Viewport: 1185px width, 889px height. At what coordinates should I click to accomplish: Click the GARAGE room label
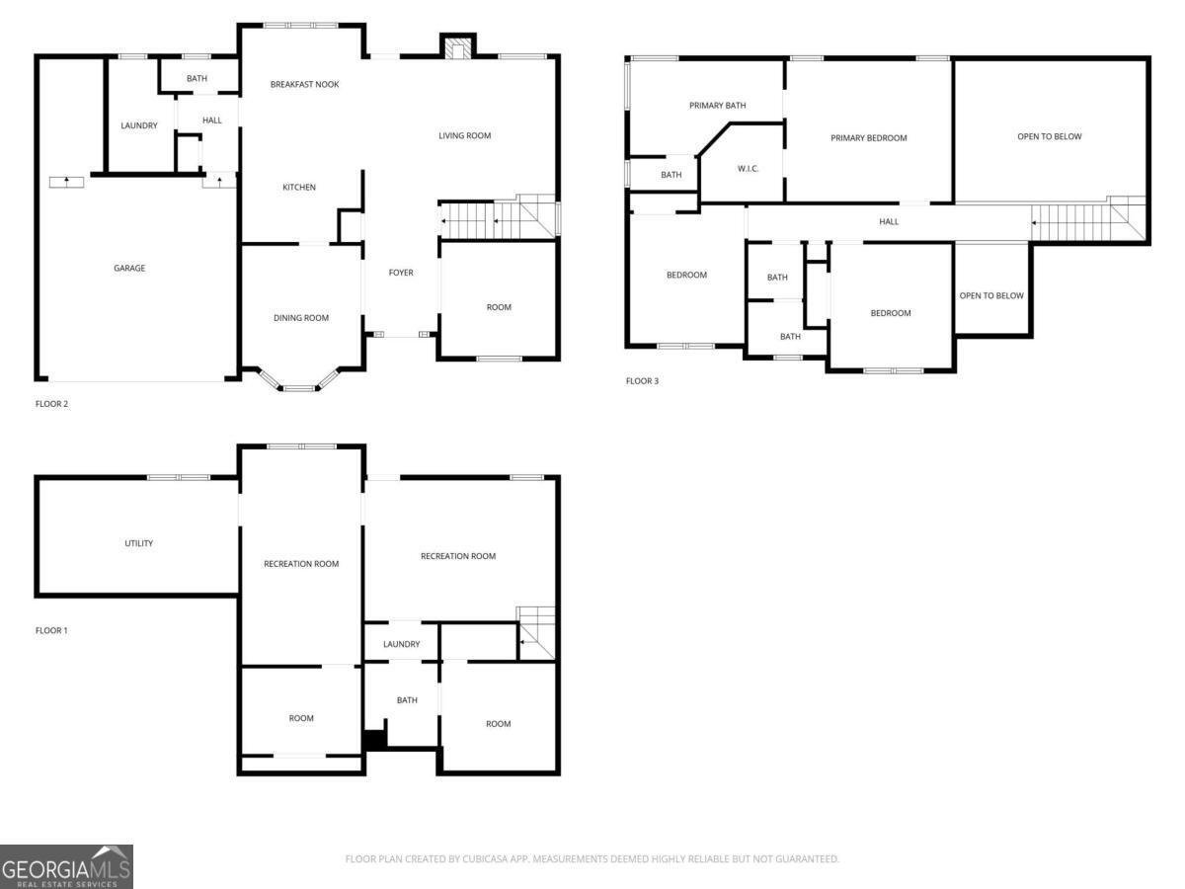pos(129,268)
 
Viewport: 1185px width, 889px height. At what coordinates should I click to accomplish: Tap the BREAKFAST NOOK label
pos(304,85)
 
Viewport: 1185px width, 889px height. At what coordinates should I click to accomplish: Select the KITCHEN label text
pos(299,188)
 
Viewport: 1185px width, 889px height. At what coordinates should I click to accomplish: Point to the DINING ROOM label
pos(301,318)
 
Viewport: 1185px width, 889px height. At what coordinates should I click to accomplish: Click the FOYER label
pos(401,273)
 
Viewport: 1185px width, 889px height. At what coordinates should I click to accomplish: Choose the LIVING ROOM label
pos(464,135)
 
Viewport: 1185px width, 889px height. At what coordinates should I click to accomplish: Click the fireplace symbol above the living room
pos(457,48)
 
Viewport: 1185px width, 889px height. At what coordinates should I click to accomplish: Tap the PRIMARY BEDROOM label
pos(868,138)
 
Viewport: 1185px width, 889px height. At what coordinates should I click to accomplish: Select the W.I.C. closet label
pos(748,169)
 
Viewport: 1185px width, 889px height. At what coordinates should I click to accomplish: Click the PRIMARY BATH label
pos(718,105)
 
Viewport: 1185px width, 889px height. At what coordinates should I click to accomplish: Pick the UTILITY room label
pos(138,543)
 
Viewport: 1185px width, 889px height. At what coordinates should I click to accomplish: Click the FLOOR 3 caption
pos(642,381)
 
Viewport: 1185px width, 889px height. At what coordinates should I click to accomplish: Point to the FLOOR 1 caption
pos(51,630)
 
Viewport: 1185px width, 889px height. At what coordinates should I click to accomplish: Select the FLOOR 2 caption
pos(51,404)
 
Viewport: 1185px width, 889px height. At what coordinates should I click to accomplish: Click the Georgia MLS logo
pos(66,866)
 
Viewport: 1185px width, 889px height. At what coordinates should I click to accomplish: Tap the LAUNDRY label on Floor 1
pos(402,644)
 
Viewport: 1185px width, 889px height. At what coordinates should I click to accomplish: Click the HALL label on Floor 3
pos(889,222)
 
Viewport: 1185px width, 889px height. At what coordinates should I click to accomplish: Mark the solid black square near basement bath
pos(373,740)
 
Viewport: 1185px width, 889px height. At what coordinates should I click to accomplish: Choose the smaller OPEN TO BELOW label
pos(991,296)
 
